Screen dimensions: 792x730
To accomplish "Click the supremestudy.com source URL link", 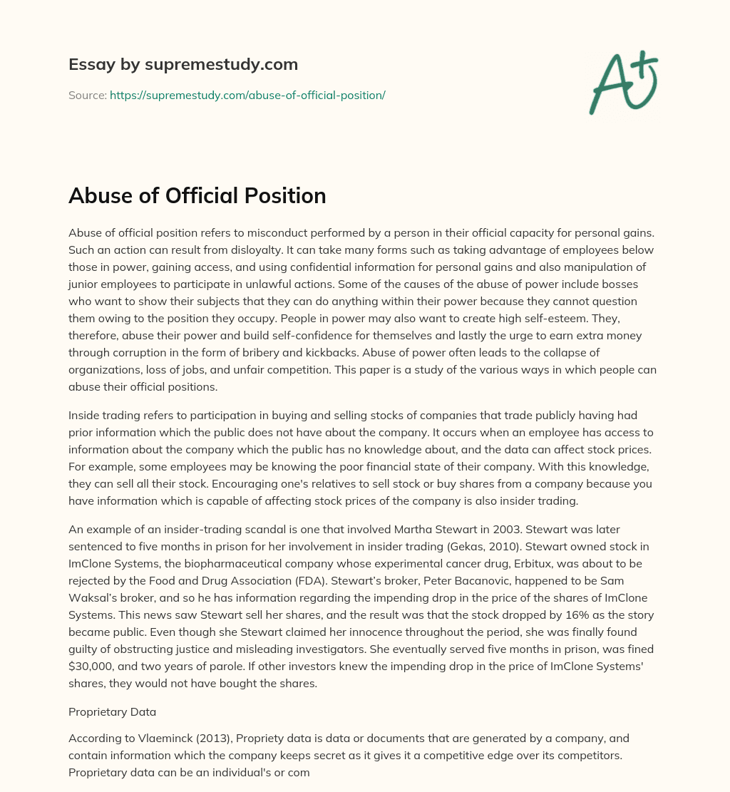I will (x=247, y=95).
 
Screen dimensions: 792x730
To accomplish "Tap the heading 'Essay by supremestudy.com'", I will (x=183, y=65).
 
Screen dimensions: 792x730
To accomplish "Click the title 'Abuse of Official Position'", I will (x=197, y=196).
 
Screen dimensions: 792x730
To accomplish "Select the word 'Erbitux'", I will (x=521, y=563).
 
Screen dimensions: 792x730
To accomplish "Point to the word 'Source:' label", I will (x=88, y=95).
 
